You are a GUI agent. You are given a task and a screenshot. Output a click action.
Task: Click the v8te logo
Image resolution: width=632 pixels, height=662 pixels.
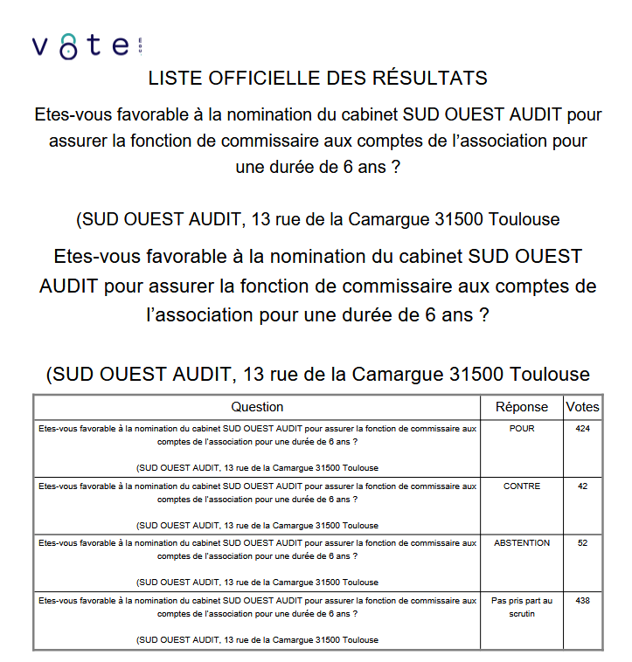(86, 46)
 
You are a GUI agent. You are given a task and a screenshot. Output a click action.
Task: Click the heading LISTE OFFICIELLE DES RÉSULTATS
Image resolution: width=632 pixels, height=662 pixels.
(317, 78)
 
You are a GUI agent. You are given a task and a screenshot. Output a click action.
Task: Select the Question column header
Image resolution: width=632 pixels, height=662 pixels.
(257, 407)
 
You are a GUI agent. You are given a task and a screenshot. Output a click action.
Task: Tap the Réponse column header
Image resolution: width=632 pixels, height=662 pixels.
(522, 407)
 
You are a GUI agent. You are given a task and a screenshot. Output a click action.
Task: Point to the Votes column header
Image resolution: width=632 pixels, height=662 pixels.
(582, 407)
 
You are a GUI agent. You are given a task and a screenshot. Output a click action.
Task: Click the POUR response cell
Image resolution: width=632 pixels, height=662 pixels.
(522, 429)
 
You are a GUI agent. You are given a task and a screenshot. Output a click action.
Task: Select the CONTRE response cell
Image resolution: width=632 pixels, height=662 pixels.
(522, 486)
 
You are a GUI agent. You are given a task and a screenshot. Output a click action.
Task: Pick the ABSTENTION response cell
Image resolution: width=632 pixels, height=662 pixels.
(522, 543)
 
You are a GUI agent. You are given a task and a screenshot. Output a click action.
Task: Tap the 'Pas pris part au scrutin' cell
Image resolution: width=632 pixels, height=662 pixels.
(522, 606)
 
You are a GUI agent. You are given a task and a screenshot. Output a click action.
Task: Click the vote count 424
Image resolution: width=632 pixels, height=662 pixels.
(582, 429)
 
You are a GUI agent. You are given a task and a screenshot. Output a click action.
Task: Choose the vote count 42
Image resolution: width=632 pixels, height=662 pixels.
(582, 486)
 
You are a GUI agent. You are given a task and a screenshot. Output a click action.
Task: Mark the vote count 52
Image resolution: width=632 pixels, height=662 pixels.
(582, 543)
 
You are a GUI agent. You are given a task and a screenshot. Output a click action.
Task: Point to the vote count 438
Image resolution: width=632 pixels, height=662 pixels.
(582, 601)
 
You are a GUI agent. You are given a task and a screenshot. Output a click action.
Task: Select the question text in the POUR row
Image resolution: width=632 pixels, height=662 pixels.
(257, 435)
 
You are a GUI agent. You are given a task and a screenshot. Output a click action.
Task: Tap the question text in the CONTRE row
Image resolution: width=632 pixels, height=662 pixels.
(257, 493)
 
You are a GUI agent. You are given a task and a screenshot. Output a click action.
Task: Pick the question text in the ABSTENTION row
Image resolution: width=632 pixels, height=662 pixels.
(257, 549)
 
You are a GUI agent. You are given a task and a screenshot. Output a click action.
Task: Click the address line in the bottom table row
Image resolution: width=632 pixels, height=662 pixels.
(257, 640)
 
